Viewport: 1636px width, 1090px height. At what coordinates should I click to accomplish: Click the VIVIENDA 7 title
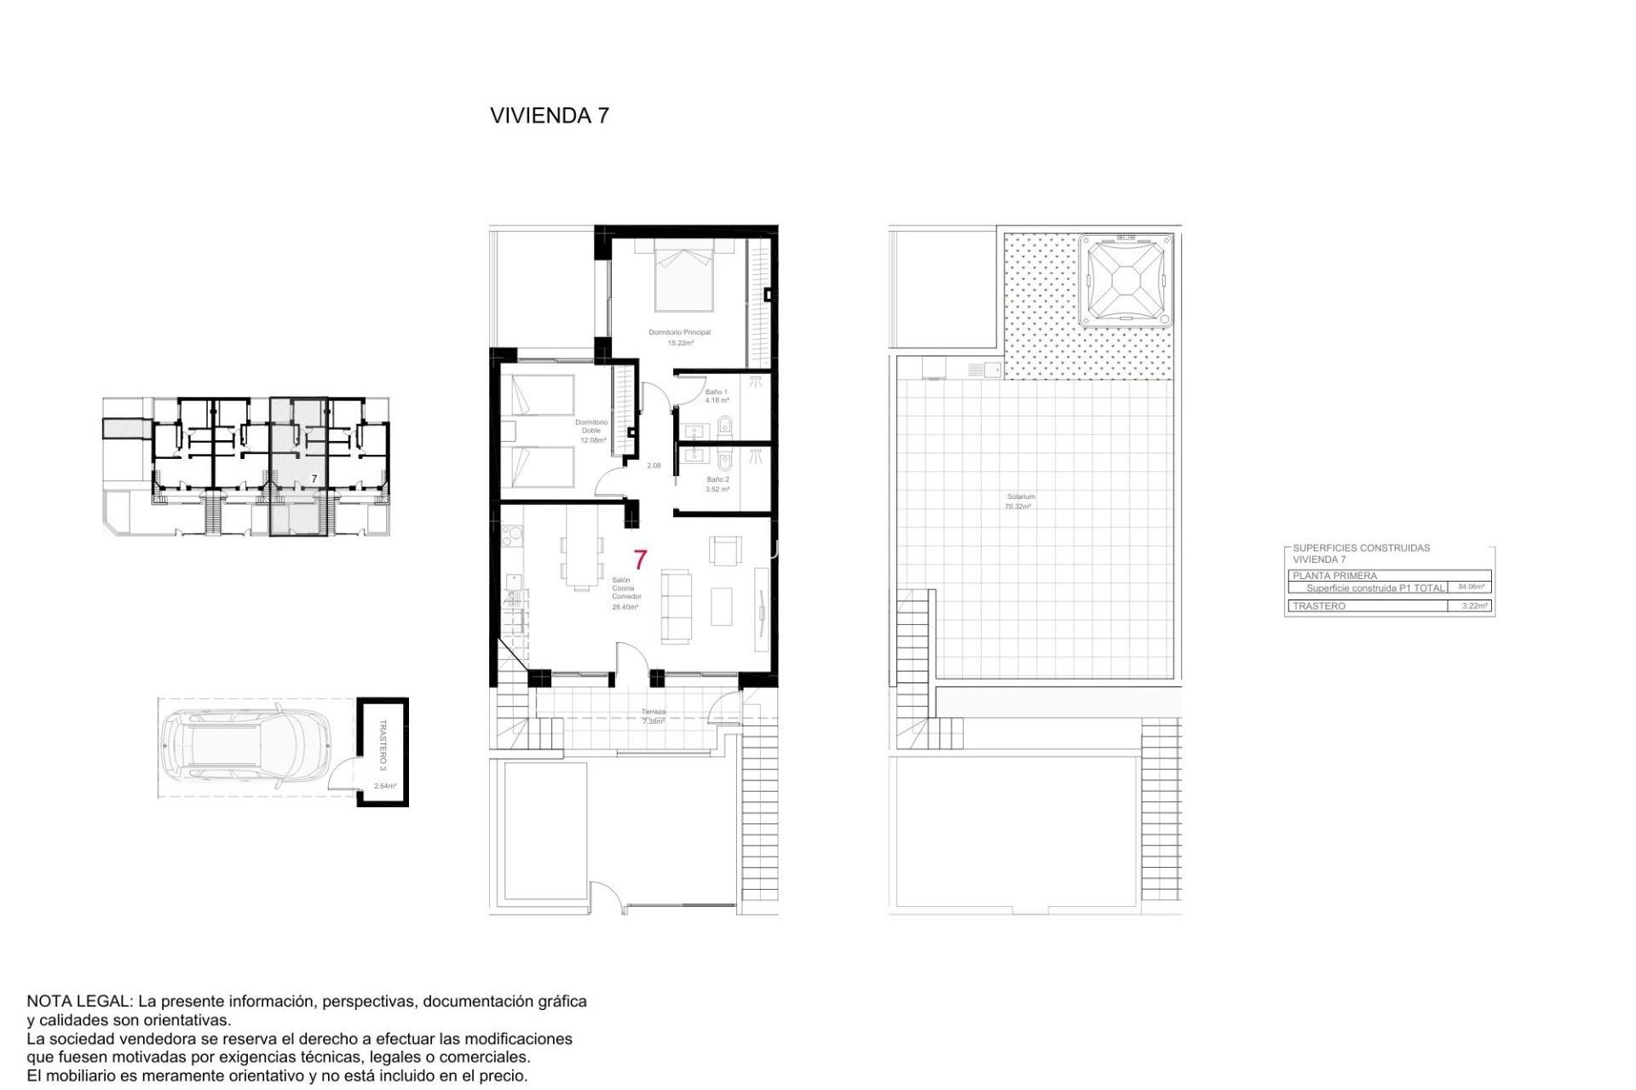pos(550,116)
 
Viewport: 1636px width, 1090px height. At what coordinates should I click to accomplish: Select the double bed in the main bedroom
pos(683,277)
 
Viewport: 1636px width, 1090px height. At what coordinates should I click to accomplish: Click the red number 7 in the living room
pos(640,559)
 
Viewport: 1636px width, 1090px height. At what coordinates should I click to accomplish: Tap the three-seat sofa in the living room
pos(677,606)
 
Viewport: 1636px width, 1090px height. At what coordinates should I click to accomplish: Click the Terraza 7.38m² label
pos(654,716)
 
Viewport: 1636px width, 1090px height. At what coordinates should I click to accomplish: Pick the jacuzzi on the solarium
pos(1126,281)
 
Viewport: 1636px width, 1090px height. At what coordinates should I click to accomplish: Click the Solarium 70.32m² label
pos(1019,501)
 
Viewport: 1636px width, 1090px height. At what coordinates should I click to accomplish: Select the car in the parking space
pos(245,747)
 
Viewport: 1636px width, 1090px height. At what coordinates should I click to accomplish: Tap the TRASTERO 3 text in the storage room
pos(383,745)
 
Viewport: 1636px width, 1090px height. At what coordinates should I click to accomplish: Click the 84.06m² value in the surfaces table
pos(1472,587)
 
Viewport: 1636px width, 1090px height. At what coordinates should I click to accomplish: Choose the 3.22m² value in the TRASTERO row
pos(1473,606)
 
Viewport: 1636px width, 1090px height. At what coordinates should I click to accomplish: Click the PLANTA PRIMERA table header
pos(1334,576)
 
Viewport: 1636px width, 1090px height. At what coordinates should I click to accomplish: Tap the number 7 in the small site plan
pos(314,479)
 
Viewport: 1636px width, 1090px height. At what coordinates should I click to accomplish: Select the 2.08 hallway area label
pos(654,466)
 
